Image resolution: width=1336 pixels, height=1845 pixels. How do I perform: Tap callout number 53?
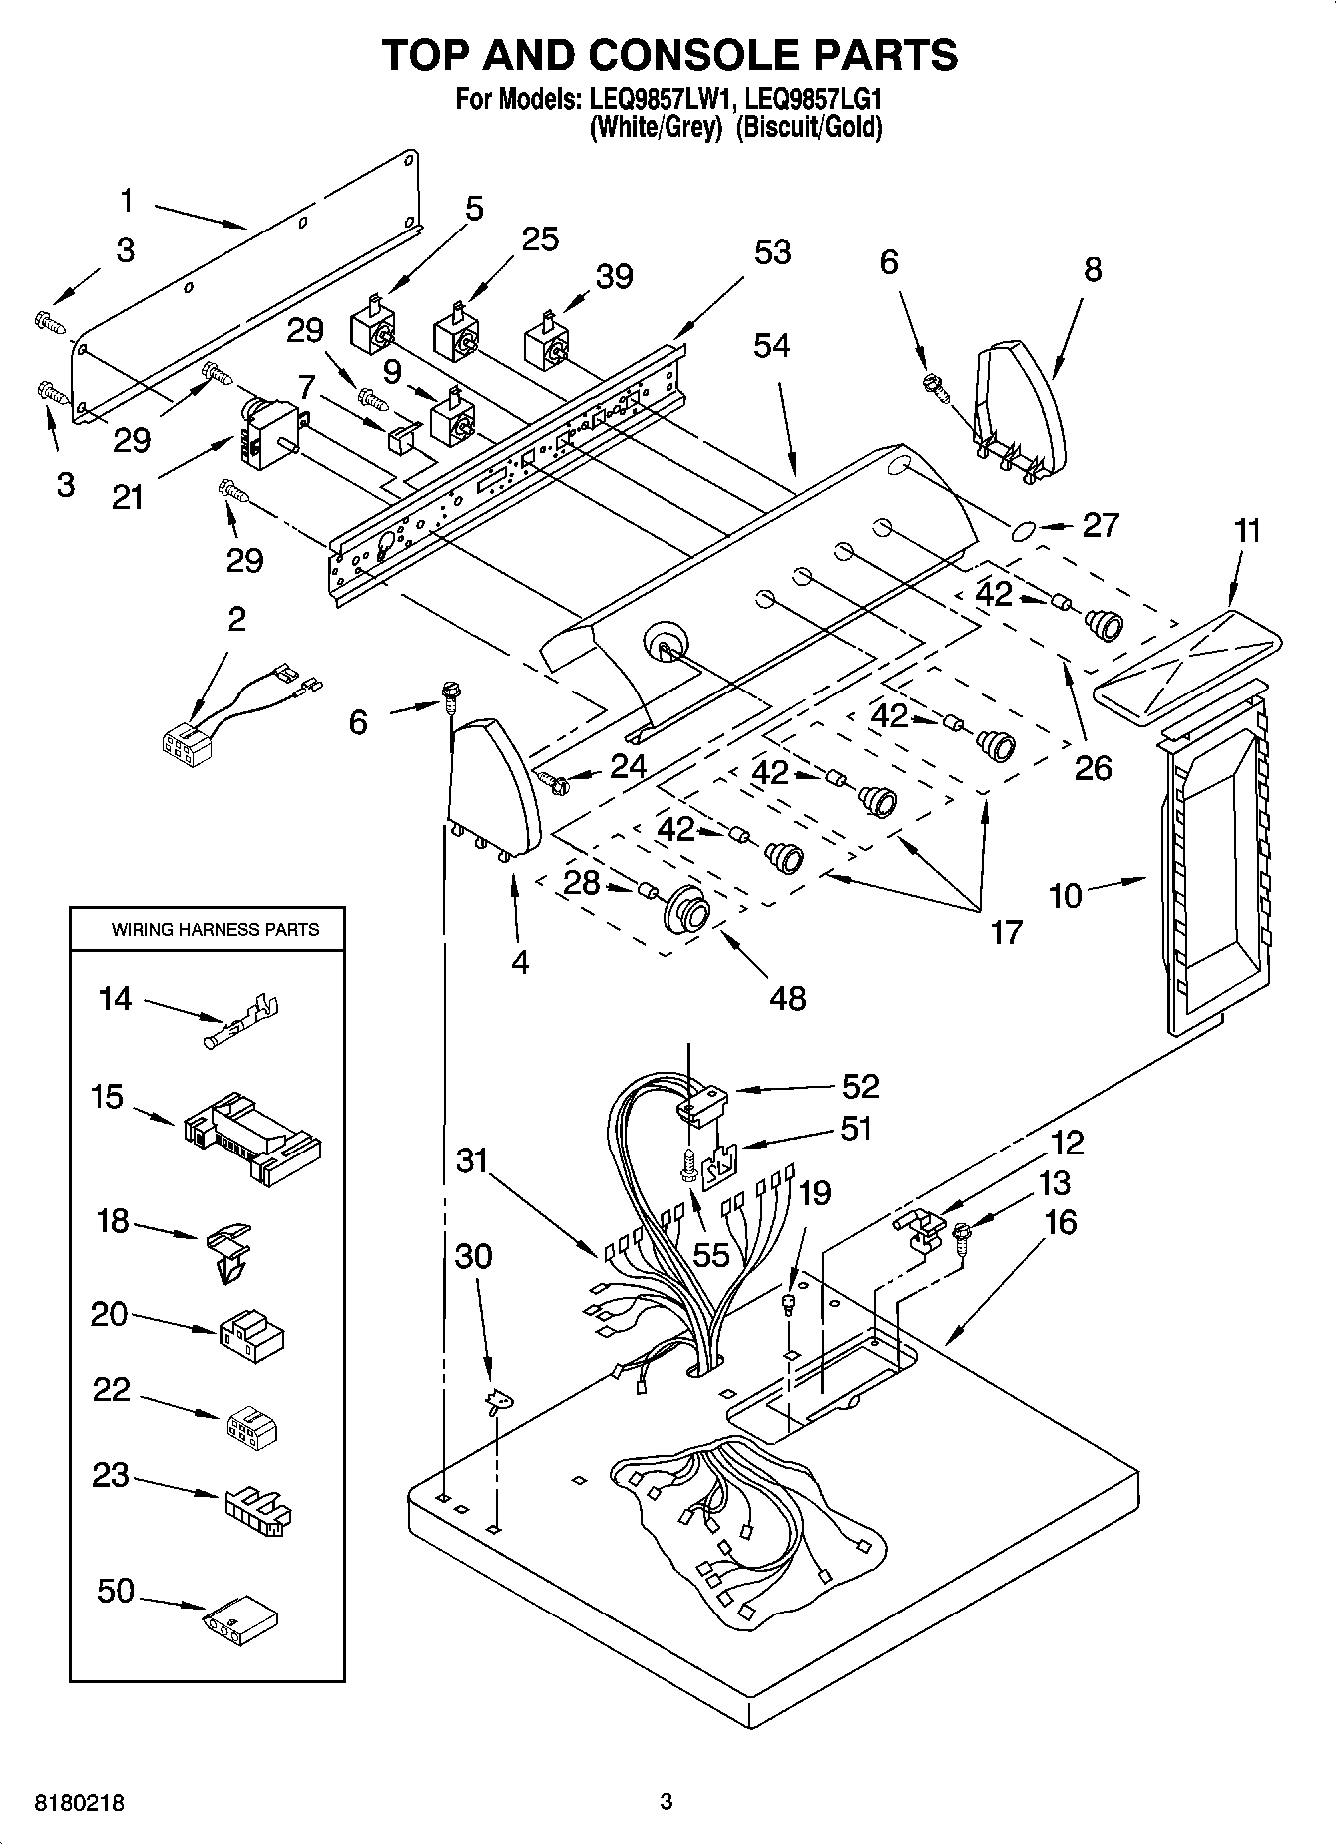[x=772, y=253]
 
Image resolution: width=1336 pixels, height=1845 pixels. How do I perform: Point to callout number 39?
[x=615, y=276]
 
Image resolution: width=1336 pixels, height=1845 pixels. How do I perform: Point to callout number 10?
[x=1065, y=895]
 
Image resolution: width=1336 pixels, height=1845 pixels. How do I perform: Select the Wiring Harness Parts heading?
[x=215, y=930]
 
